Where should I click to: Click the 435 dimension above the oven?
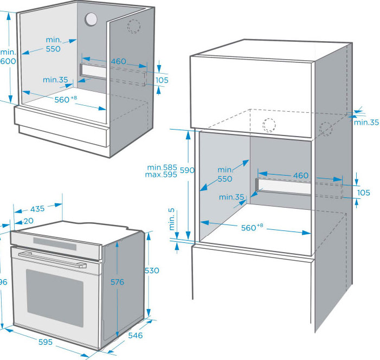37,209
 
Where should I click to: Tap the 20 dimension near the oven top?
28,221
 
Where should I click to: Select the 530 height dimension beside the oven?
152,271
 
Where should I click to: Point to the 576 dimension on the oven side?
117,282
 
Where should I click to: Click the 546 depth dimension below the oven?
135,336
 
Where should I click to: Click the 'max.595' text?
161,175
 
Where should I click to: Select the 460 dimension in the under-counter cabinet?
119,62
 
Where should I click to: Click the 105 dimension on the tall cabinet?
364,193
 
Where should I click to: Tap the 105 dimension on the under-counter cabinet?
162,80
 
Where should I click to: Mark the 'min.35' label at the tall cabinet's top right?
366,123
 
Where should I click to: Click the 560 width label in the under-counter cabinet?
65,100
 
